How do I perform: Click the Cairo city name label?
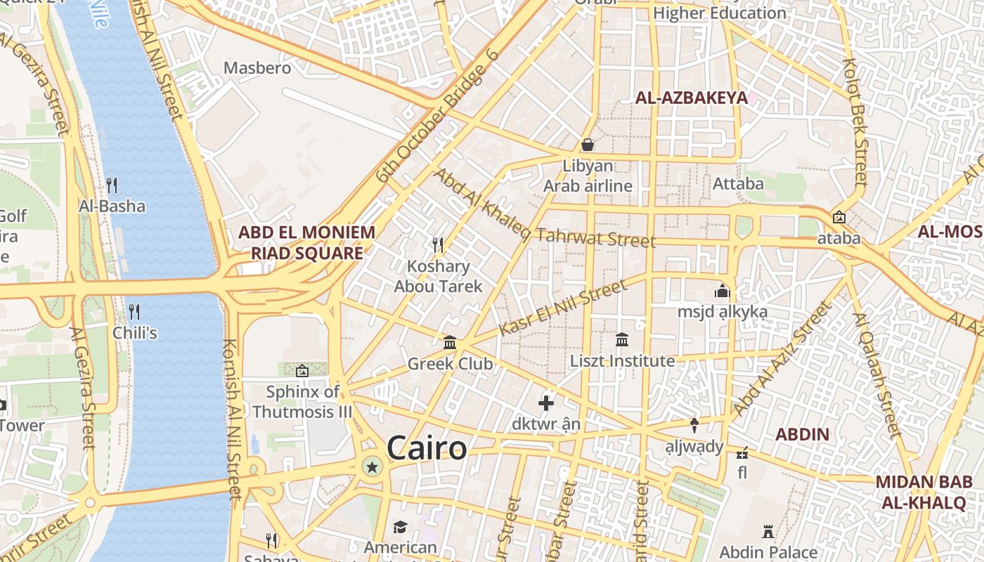coord(427,448)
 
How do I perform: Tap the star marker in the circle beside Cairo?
coord(372,466)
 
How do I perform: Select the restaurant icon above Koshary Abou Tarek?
coord(438,244)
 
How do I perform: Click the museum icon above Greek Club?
coord(450,343)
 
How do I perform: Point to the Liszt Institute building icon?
coord(622,340)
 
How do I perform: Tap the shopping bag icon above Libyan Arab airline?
coord(588,145)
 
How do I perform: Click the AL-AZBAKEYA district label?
coord(692,98)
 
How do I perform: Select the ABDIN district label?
coord(803,434)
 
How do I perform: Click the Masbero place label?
coord(257,68)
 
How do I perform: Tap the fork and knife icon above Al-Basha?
coord(112,185)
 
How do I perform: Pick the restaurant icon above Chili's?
coord(134,311)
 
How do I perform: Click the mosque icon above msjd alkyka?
coord(722,290)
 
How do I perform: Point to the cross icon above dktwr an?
coord(546,403)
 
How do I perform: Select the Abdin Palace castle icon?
coord(768,532)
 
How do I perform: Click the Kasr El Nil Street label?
coord(562,308)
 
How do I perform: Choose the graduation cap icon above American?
coord(400,527)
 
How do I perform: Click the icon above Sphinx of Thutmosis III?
coord(302,371)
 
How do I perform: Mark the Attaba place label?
coord(738,184)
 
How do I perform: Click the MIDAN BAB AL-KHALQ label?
coord(924,492)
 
